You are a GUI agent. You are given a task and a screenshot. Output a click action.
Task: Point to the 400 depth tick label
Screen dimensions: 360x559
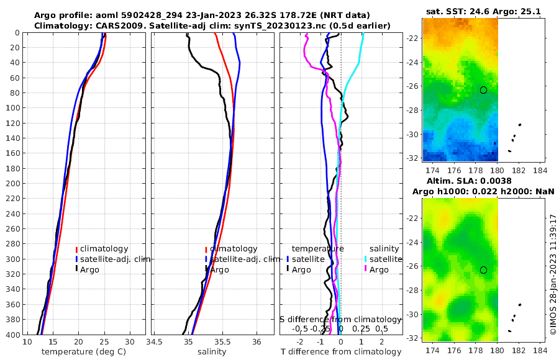[11, 335]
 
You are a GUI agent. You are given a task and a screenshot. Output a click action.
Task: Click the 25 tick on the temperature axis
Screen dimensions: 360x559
[104, 342]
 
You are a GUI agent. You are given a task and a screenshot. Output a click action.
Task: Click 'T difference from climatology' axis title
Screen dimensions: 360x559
[341, 352]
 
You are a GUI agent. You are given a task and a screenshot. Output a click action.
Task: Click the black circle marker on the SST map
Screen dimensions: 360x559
[484, 90]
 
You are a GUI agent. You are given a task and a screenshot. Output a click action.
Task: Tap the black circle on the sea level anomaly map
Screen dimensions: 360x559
[484, 270]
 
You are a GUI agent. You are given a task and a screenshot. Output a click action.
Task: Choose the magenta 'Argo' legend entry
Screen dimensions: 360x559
[379, 269]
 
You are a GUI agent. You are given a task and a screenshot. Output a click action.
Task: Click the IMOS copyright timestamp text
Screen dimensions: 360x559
[553, 275]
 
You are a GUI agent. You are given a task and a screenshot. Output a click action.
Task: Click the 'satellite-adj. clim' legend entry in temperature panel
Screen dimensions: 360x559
[112, 259]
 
